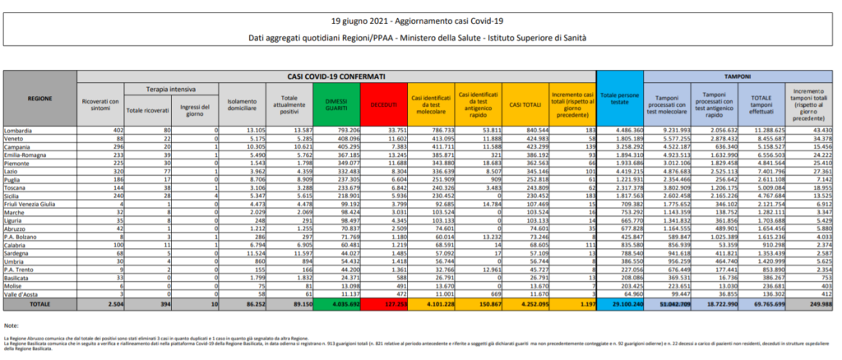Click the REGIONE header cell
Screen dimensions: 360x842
pos(39,98)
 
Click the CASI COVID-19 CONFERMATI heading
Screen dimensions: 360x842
pos(335,75)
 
